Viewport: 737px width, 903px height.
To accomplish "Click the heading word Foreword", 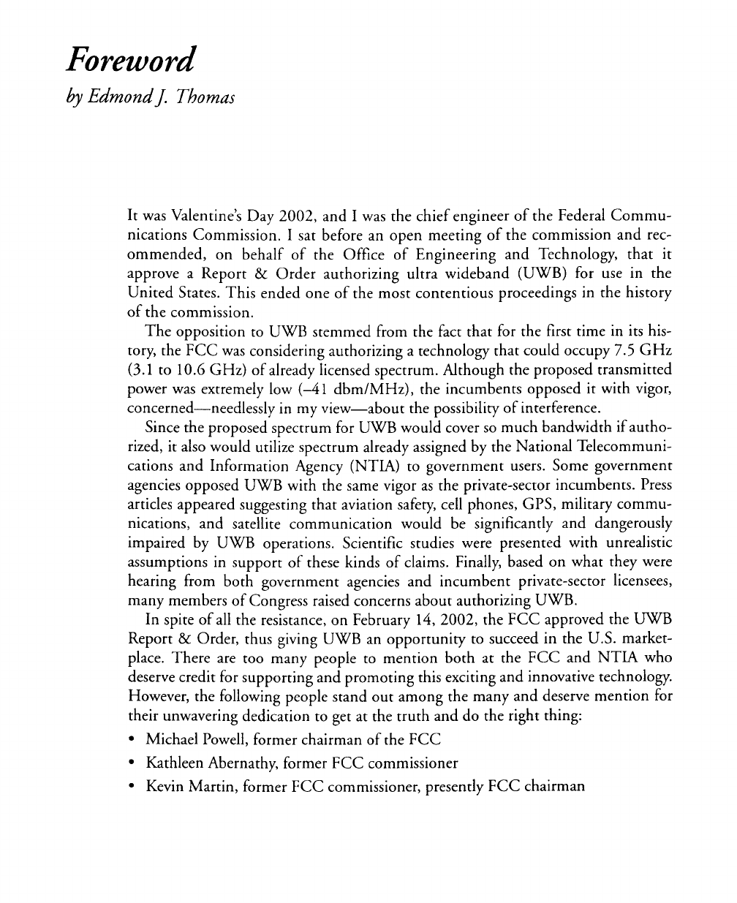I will pyautogui.click(x=129, y=60).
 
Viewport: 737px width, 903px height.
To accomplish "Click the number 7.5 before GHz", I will pyautogui.click(x=619, y=350).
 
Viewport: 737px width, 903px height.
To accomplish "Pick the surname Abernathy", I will pyautogui.click(x=236, y=763).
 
